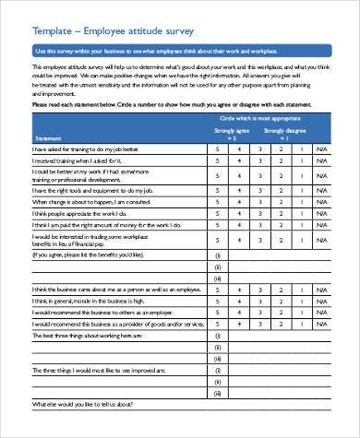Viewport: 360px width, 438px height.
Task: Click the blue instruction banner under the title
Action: [180, 51]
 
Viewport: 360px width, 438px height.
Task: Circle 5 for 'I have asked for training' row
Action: [217, 148]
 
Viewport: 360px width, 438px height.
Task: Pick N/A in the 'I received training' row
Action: [321, 160]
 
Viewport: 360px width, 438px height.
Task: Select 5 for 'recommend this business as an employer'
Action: [217, 312]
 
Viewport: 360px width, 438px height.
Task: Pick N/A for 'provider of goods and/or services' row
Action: [321, 325]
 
